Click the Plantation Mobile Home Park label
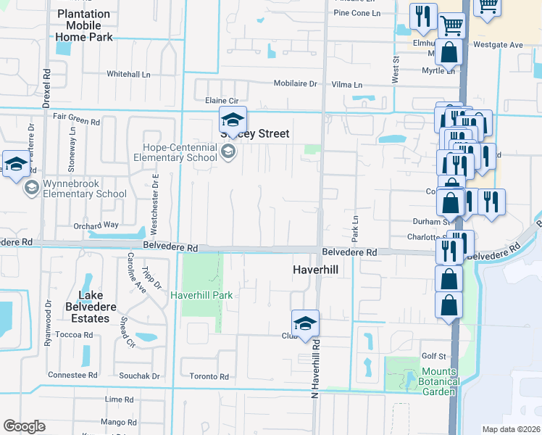83,25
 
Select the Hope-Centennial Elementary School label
180,152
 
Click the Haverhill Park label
201,295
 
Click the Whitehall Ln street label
128,74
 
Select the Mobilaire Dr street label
296,83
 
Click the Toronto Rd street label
209,377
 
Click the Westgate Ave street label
498,45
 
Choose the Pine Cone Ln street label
357,13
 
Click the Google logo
24,426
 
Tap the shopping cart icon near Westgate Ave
451,25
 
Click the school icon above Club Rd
305,323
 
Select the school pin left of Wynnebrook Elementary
15,165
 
